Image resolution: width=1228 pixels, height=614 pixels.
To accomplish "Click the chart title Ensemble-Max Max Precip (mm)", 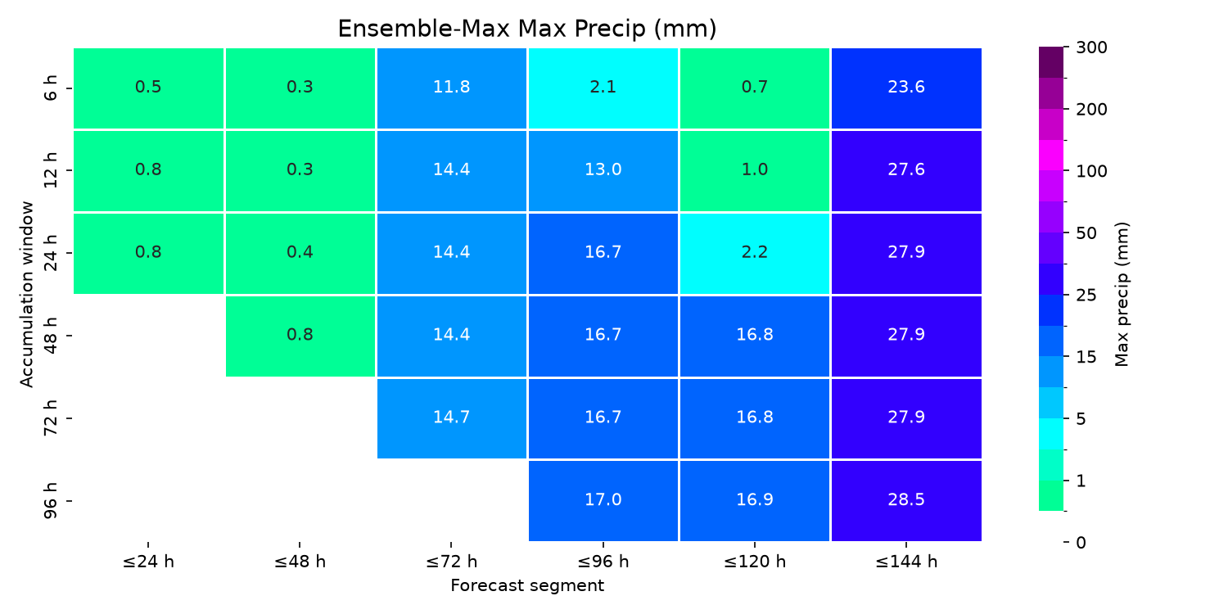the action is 527,29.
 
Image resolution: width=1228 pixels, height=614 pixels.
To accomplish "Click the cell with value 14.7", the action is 452,418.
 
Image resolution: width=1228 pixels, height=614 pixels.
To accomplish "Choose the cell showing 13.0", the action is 603,170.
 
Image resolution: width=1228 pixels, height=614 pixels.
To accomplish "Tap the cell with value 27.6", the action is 906,170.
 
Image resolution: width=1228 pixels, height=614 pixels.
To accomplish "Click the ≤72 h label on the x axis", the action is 452,562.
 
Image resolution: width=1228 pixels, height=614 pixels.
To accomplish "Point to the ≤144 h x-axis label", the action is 906,562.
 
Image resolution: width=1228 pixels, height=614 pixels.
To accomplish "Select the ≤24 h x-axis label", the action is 148,562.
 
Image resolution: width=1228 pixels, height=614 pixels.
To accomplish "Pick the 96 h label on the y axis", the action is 51,501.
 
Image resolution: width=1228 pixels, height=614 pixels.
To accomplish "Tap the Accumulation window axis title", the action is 27,295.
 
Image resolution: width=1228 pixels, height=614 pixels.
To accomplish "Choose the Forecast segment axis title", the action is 527,585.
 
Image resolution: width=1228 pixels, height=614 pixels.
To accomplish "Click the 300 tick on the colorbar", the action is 1091,47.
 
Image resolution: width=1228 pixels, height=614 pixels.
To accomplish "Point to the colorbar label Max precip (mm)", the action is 1122,295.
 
